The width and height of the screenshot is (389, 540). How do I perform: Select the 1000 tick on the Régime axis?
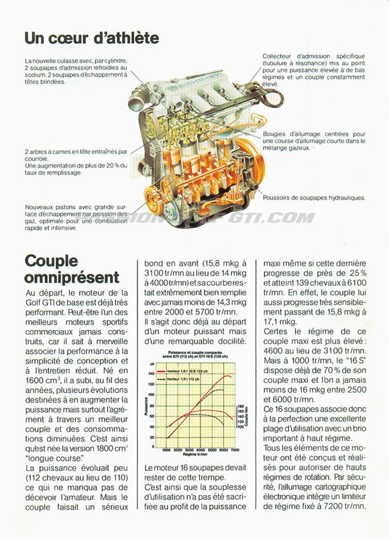pyautogui.click(x=166, y=450)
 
